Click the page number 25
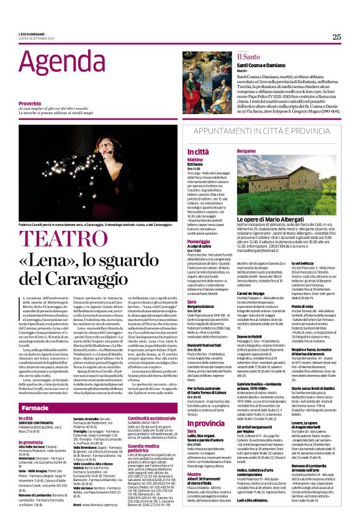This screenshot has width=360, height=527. (x=336, y=37)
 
